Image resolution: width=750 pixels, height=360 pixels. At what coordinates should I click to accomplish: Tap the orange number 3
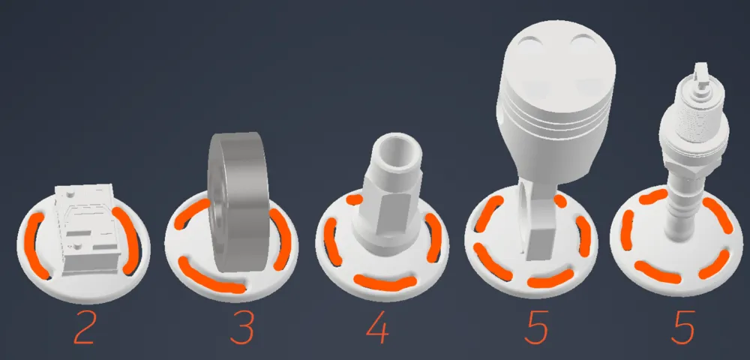[x=241, y=328]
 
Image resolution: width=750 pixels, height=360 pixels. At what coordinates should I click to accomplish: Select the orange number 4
[x=377, y=328]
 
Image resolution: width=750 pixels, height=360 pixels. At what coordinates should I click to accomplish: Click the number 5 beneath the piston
[x=536, y=328]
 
